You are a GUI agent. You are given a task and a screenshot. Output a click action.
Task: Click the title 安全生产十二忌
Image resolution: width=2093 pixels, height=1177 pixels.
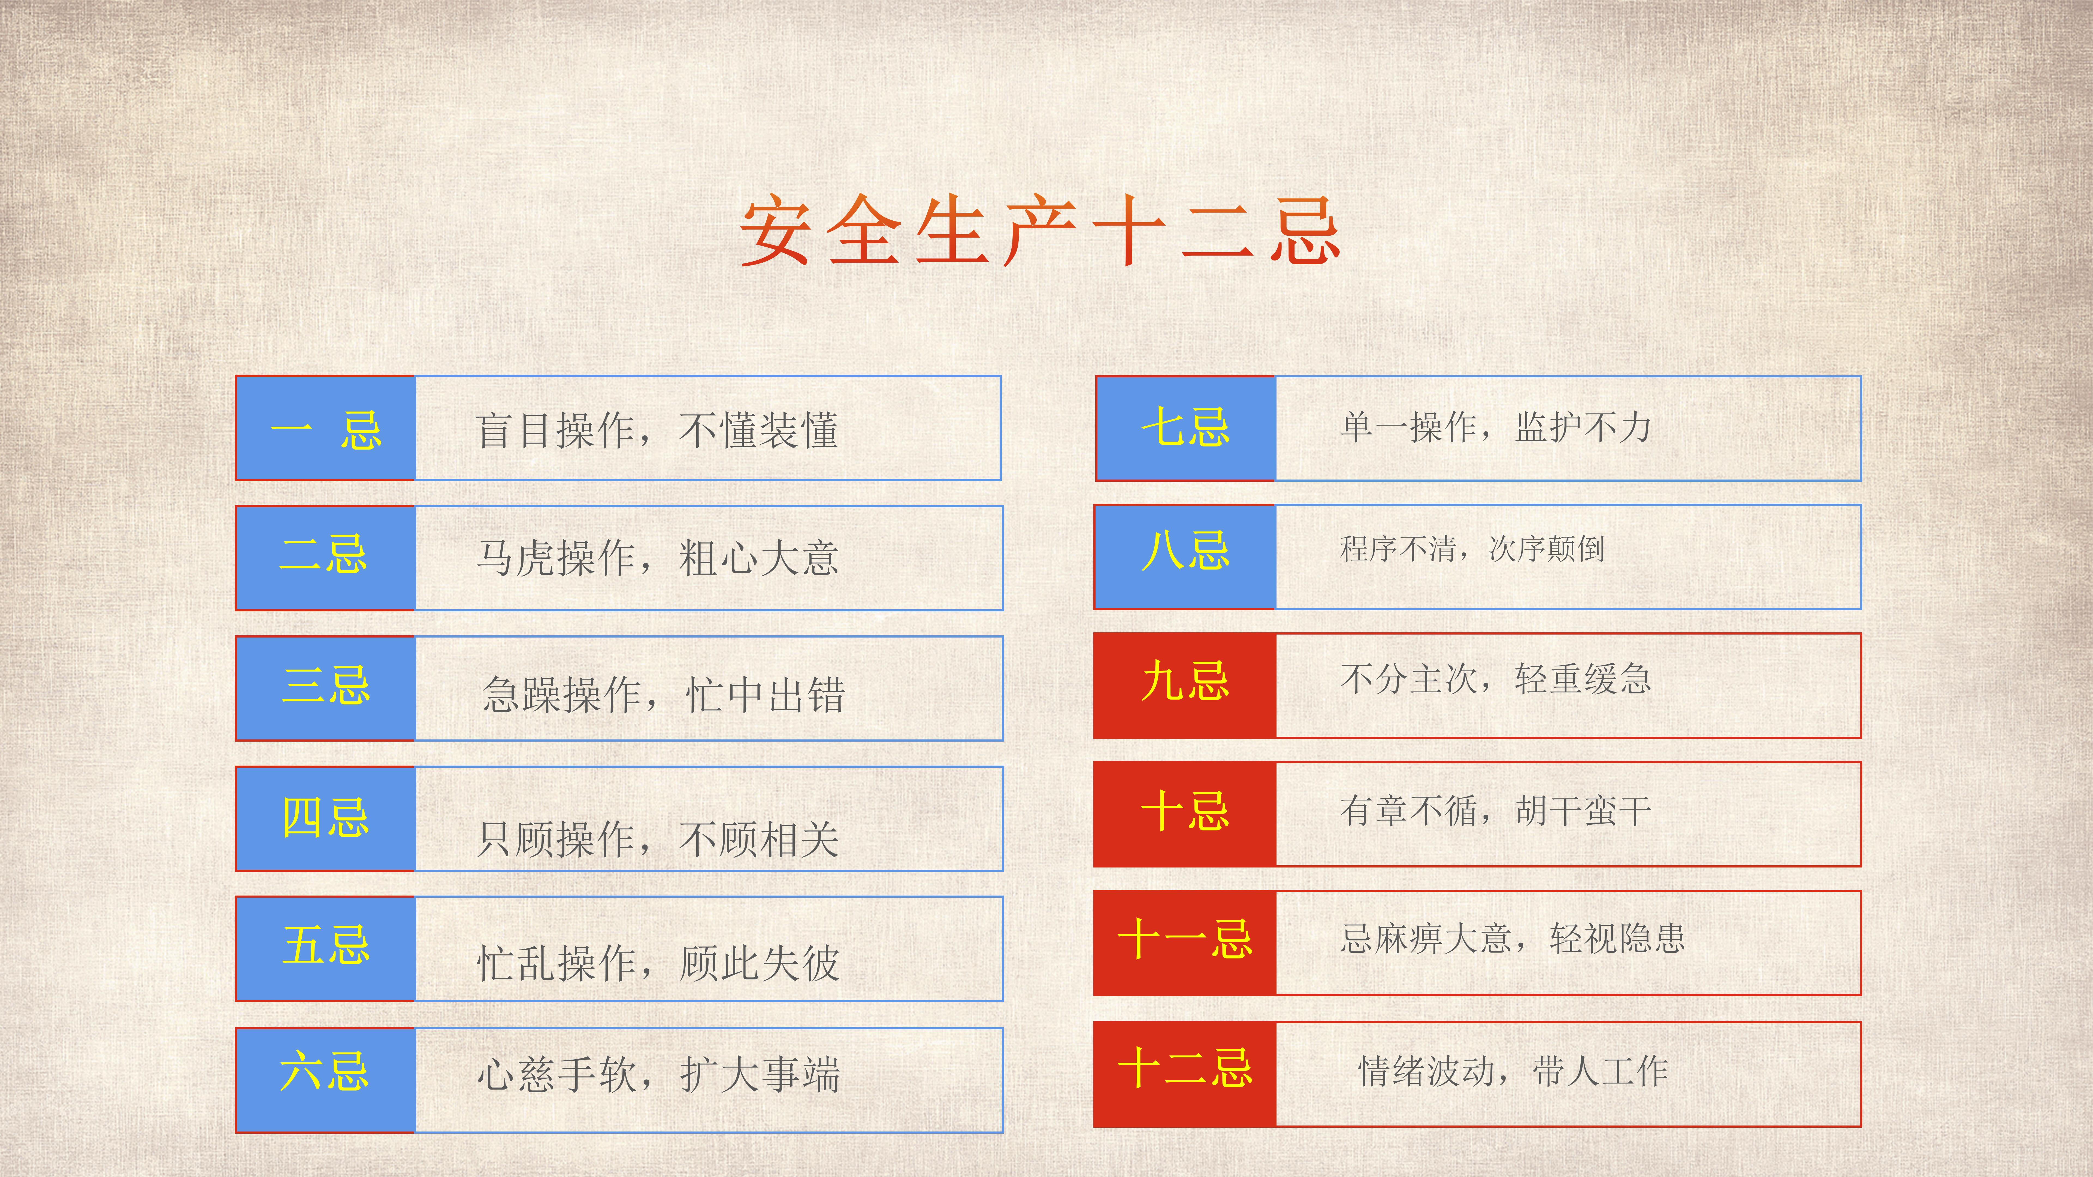1040,232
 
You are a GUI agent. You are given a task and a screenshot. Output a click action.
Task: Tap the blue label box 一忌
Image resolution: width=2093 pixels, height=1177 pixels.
325,428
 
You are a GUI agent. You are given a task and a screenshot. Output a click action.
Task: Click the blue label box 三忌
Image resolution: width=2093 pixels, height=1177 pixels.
325,688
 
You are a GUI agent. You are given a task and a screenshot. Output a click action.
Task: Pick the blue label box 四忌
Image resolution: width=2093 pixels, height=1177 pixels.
325,818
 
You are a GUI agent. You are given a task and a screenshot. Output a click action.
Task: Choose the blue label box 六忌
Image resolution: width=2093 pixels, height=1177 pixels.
325,1079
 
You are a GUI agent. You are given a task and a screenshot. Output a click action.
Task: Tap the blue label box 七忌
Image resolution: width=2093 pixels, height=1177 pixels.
1185,428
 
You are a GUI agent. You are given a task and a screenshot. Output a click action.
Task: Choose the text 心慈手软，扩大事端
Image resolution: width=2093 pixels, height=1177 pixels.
658,1074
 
